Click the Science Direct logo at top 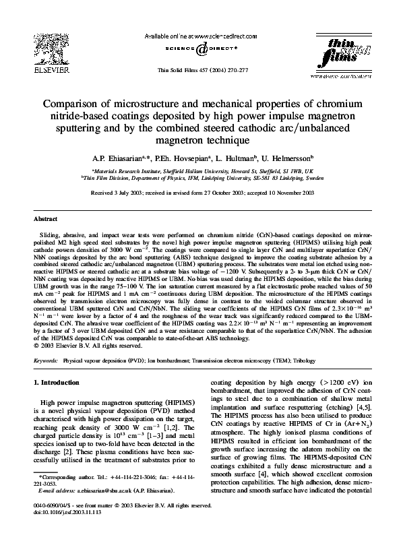(x=200, y=49)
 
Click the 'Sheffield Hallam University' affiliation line (x=200, y=172)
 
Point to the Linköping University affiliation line (x=200, y=179)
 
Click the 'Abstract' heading (x=45, y=220)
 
